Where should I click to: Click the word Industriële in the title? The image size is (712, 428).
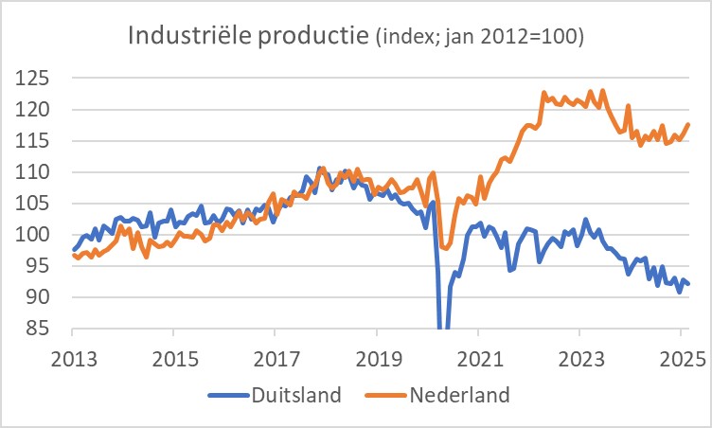pos(179,38)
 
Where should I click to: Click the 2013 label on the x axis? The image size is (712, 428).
pos(72,360)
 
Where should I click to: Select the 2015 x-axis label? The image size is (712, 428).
pos(173,360)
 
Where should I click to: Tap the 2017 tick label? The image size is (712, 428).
pos(275,360)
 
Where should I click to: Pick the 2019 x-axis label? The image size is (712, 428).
pos(377,360)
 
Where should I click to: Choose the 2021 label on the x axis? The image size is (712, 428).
pos(478,360)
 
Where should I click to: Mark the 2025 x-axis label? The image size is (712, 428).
pos(682,360)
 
